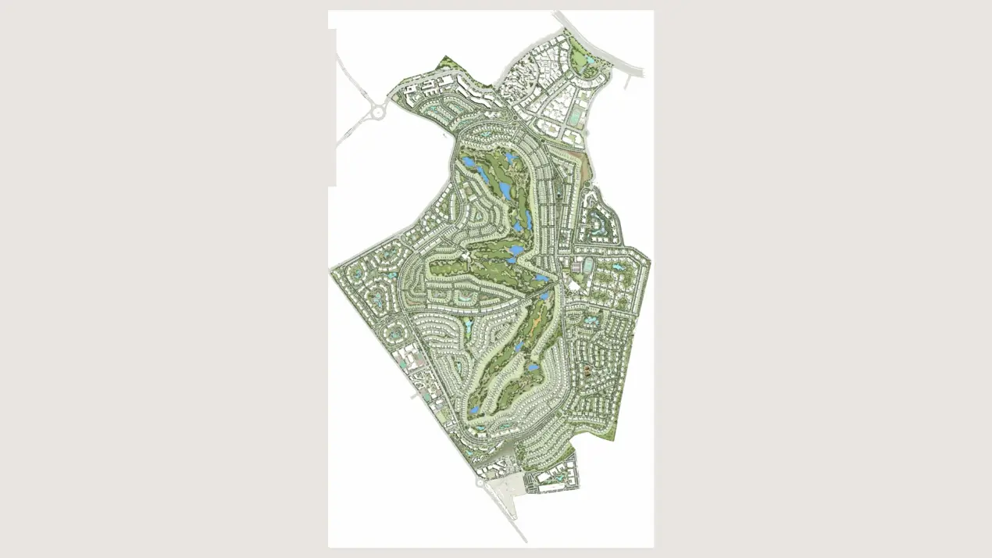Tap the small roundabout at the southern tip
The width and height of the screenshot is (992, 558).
(x=478, y=482)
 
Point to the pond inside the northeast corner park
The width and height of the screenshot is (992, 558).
(x=588, y=60)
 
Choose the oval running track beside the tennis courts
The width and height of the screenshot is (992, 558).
(x=587, y=266)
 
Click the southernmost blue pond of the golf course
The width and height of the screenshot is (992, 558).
(x=474, y=408)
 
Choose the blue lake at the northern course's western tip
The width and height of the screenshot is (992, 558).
(x=467, y=163)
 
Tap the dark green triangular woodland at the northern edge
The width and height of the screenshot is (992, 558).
(x=449, y=62)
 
